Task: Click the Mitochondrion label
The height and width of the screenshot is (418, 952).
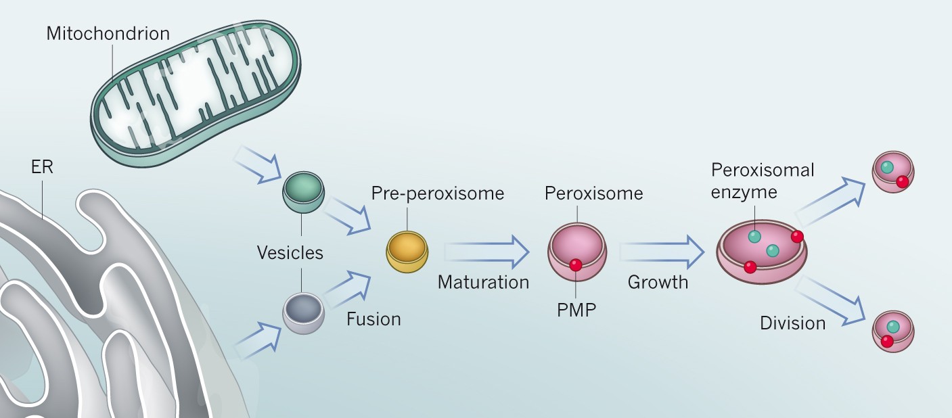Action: pyautogui.click(x=108, y=33)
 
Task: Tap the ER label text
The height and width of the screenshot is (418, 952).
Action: pyautogui.click(x=42, y=167)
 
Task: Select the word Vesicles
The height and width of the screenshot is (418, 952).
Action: pyautogui.click(x=290, y=253)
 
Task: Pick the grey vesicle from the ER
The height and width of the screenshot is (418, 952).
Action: pyautogui.click(x=303, y=312)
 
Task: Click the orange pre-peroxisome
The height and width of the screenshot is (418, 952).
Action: pyautogui.click(x=407, y=251)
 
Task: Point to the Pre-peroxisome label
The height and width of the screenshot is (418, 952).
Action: pyautogui.click(x=437, y=193)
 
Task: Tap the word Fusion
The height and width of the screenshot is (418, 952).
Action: pyautogui.click(x=373, y=319)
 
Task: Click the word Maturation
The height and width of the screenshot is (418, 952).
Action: pyautogui.click(x=483, y=282)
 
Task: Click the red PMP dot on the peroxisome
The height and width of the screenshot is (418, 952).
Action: pyautogui.click(x=576, y=265)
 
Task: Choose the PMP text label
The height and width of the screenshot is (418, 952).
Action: pyautogui.click(x=576, y=311)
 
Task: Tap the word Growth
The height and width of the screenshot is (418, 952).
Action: pyautogui.click(x=658, y=282)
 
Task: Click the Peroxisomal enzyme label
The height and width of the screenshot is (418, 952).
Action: pyautogui.click(x=763, y=181)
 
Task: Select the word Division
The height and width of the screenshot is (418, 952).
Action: pyautogui.click(x=792, y=323)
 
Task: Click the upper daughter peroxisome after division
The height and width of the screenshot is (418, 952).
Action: pyautogui.click(x=893, y=171)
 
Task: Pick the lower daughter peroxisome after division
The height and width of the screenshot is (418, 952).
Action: pyautogui.click(x=893, y=331)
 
